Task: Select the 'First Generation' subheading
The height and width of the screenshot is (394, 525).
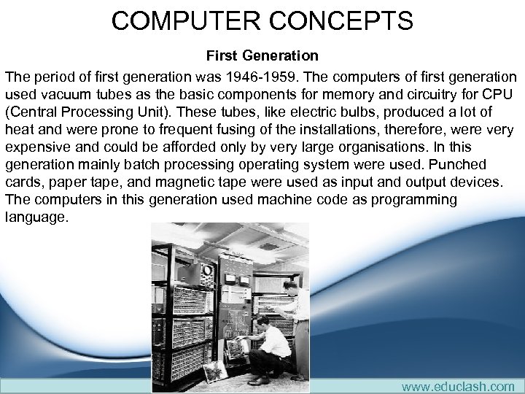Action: [262, 55]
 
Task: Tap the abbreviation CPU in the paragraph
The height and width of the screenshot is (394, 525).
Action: [498, 94]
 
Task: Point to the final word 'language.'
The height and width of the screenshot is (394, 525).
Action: [36, 217]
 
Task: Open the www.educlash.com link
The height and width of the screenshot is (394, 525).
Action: [457, 386]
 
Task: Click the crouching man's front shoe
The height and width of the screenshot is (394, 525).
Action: [257, 380]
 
